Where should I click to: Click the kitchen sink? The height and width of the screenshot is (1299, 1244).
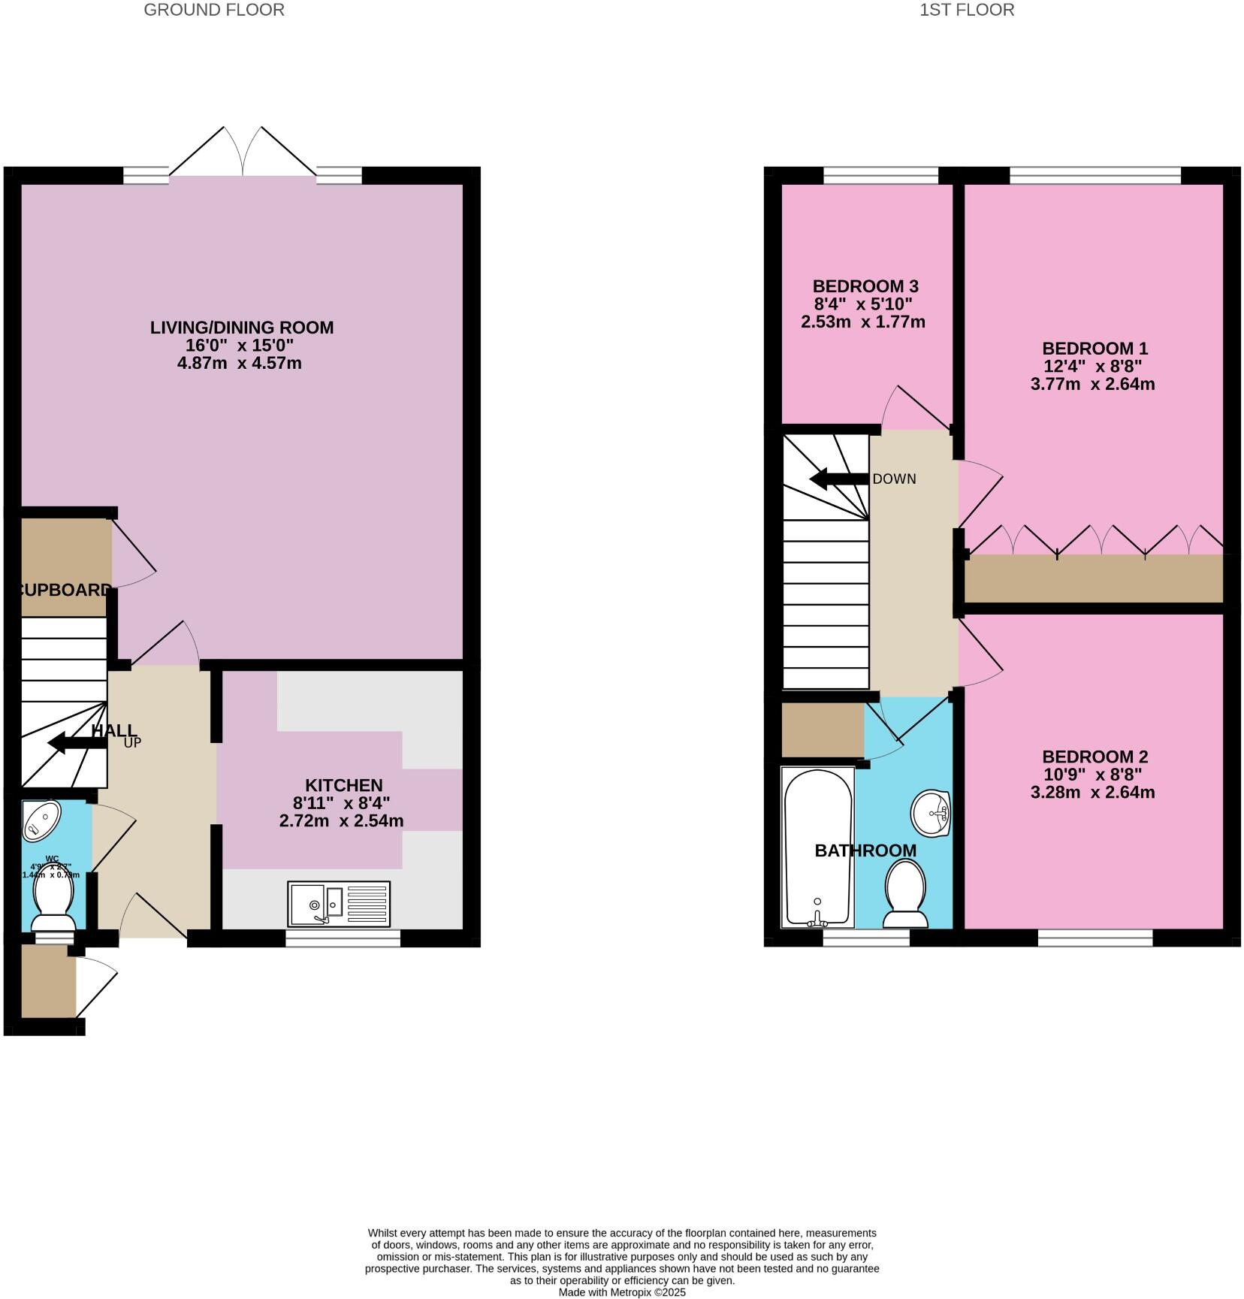coord(338,904)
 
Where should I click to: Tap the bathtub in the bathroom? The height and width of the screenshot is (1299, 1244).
coord(817,847)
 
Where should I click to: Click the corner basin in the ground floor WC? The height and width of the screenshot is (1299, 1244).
coord(41,820)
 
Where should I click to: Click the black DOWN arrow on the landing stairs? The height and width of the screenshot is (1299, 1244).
coord(838,479)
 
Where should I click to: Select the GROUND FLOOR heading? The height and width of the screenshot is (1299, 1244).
coord(214,10)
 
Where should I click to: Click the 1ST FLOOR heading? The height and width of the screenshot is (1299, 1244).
coord(967,10)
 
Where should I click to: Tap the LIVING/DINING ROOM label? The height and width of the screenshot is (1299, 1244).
coord(242,328)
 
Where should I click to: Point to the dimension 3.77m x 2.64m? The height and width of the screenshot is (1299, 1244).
coord(1092,385)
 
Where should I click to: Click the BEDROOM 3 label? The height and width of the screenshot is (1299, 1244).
coord(865,286)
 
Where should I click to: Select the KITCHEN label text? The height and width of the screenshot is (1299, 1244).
coord(343,785)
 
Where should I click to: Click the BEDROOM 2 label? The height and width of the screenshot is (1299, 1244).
coord(1095,757)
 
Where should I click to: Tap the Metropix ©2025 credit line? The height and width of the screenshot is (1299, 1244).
coord(622,1292)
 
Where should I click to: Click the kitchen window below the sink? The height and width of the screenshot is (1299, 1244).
coord(343,938)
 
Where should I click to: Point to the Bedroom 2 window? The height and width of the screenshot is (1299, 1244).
coord(1095,938)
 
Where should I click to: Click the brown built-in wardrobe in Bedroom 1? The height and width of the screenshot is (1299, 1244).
coord(1093,579)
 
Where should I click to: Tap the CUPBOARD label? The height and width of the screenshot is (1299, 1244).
coord(64,590)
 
